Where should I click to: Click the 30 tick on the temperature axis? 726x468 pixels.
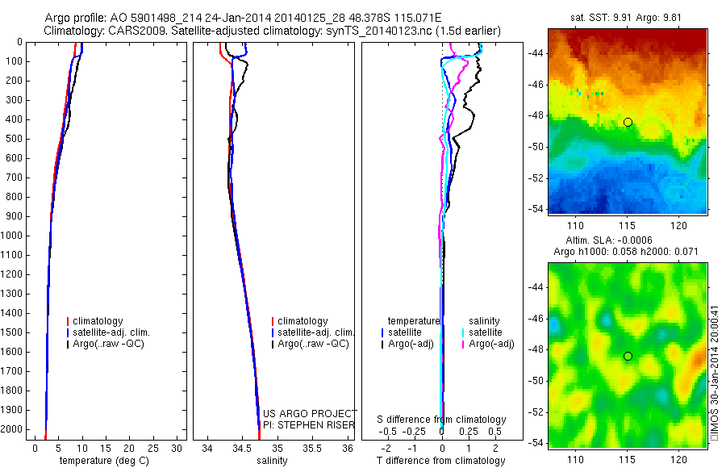click(x=177, y=449)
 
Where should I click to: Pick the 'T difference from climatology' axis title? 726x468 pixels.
click(x=440, y=461)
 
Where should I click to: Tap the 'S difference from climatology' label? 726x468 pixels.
click(x=441, y=420)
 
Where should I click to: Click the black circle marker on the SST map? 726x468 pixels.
click(x=628, y=122)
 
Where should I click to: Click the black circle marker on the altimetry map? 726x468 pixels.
click(x=628, y=356)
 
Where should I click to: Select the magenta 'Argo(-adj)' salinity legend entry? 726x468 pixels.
click(x=491, y=344)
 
